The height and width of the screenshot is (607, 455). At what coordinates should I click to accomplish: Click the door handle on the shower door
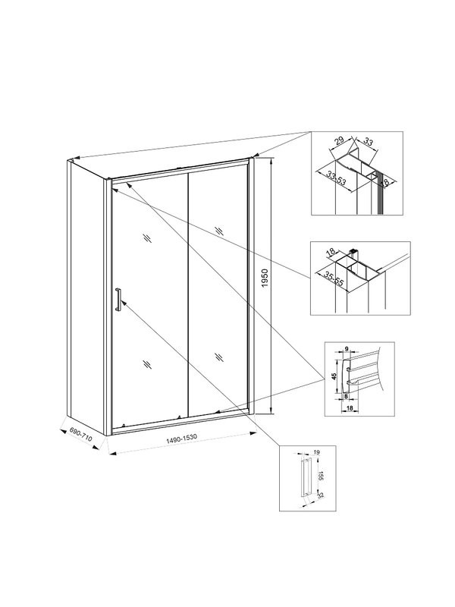point(118,299)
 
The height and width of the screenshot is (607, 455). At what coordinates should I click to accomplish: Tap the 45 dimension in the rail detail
point(333,375)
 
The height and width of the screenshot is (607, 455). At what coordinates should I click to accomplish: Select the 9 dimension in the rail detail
point(346,350)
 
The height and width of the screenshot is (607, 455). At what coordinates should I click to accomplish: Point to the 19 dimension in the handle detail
point(315,452)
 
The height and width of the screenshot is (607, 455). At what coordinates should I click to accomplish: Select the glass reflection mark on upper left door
point(146,239)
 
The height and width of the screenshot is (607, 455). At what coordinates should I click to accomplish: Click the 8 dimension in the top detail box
point(384,181)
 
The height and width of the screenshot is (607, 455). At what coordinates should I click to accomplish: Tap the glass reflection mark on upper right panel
point(219,230)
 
